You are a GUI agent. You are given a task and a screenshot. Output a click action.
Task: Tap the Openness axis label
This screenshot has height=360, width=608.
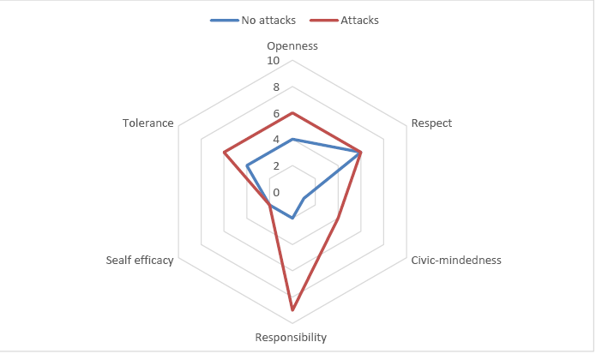click(292, 45)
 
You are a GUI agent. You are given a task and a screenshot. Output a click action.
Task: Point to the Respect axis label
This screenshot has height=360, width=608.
click(431, 123)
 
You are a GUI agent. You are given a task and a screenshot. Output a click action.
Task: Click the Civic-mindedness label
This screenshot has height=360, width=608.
click(455, 261)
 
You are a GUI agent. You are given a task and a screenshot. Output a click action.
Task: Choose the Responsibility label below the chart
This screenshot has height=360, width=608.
click(291, 338)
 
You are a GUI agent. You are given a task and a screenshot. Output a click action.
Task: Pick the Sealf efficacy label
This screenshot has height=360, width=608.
click(140, 261)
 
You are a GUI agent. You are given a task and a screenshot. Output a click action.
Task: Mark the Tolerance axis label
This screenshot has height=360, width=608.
click(148, 123)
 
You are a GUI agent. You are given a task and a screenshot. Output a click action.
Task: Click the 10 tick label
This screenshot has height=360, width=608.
click(274, 62)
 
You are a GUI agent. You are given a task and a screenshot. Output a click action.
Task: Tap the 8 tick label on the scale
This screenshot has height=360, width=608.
click(276, 87)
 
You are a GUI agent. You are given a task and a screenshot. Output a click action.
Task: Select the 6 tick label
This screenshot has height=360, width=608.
click(276, 114)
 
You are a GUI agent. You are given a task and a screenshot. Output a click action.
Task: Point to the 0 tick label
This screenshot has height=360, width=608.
click(276, 192)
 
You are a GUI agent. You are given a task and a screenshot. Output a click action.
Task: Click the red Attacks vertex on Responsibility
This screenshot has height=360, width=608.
click(292, 309)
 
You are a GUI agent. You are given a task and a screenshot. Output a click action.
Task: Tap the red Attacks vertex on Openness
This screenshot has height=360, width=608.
click(292, 113)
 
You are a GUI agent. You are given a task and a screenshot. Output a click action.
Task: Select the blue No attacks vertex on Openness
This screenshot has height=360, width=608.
click(292, 139)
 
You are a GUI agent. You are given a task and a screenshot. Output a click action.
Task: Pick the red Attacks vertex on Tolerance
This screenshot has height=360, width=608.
click(224, 153)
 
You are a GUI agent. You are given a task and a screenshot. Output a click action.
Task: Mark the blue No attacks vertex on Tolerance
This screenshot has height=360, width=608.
click(247, 165)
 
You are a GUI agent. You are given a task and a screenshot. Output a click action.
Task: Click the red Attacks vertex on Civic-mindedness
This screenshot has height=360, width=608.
click(338, 219)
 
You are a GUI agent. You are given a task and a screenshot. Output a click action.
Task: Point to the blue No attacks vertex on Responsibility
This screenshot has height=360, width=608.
click(292, 218)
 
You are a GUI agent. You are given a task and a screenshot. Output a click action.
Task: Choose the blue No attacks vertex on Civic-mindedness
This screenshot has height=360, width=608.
click(304, 199)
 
